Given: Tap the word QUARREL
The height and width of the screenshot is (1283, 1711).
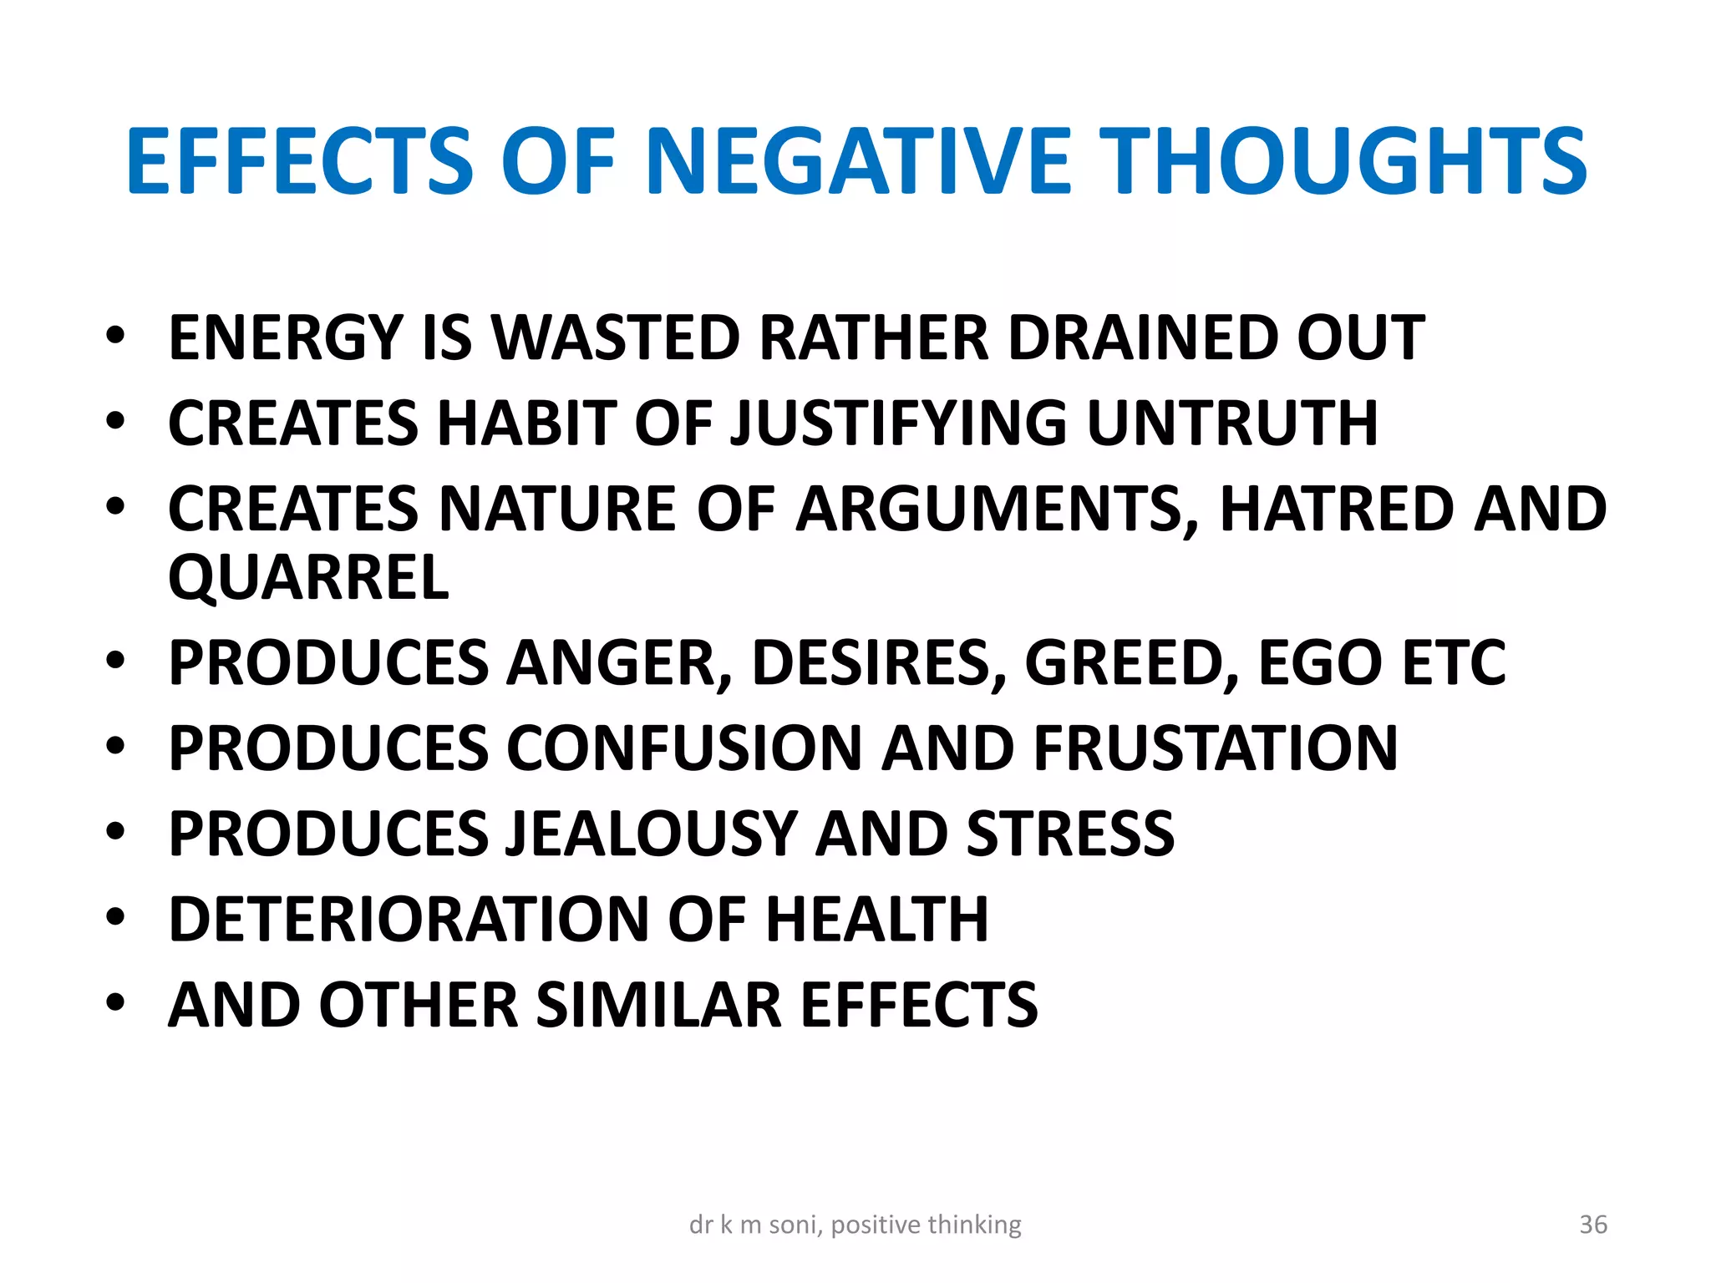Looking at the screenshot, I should (x=308, y=577).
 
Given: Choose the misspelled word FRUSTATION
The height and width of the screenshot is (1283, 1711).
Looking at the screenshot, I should (x=1216, y=748).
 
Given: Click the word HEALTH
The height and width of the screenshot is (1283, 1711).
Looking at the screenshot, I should (x=877, y=920).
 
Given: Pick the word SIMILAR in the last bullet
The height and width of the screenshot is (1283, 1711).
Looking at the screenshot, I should (x=658, y=1005).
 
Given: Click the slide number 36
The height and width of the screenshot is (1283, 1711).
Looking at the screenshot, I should (x=1593, y=1225).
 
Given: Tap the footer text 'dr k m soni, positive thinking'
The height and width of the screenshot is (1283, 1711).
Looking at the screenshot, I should (x=855, y=1225).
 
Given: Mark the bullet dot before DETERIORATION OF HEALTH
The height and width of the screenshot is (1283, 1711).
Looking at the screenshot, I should (x=115, y=917).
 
